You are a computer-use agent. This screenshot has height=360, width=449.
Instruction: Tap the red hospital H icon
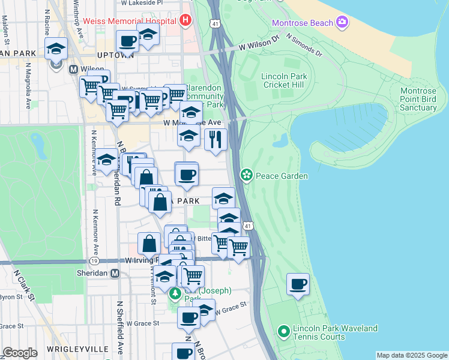tap(185, 20)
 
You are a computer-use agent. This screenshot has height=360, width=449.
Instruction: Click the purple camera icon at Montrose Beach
tap(342, 23)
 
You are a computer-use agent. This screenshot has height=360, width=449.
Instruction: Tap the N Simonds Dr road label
tap(304, 46)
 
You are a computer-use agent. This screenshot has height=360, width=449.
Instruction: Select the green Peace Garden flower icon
tap(246, 175)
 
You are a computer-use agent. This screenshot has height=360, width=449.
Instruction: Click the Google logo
tap(20, 353)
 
